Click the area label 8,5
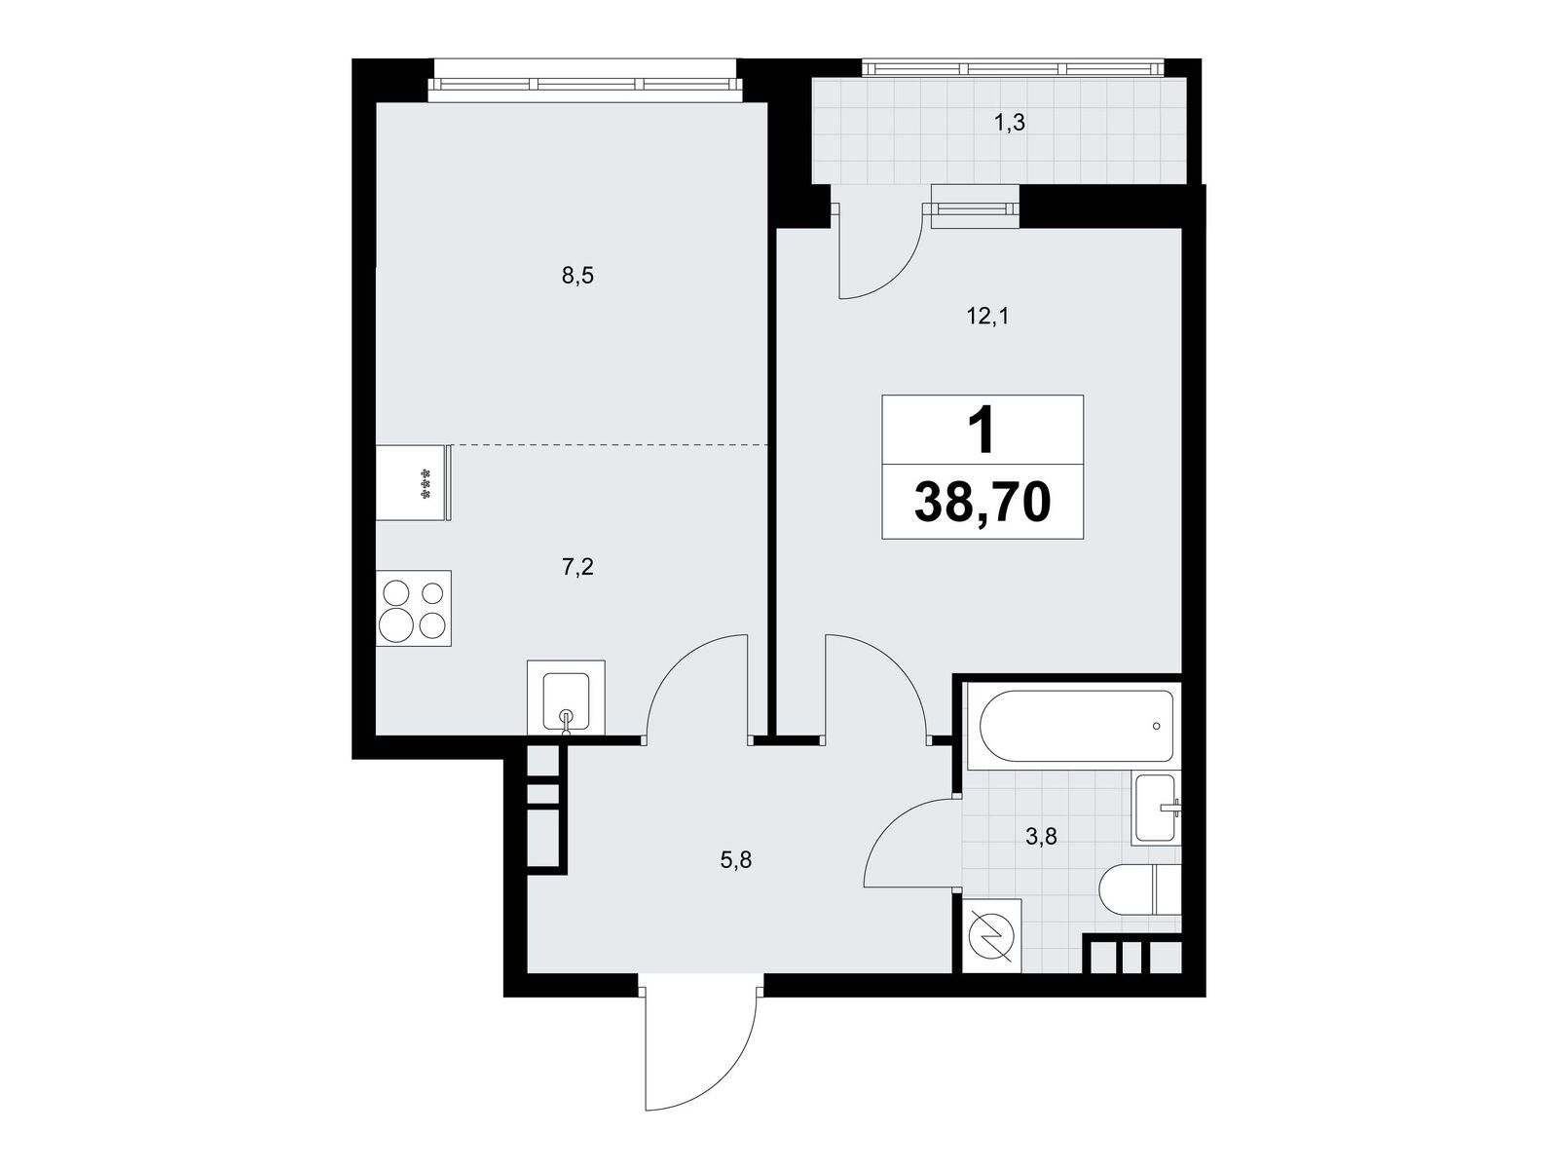(x=577, y=276)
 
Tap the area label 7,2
(x=577, y=567)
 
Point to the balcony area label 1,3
(x=1010, y=124)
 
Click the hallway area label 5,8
(x=735, y=861)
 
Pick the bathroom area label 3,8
(x=1041, y=838)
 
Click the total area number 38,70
(x=983, y=501)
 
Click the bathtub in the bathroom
(x=1076, y=726)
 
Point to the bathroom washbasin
(x=1156, y=809)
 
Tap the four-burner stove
(x=413, y=609)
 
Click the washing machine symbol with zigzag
(x=994, y=936)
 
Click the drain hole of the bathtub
(x=1156, y=726)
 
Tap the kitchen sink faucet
(x=566, y=721)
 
